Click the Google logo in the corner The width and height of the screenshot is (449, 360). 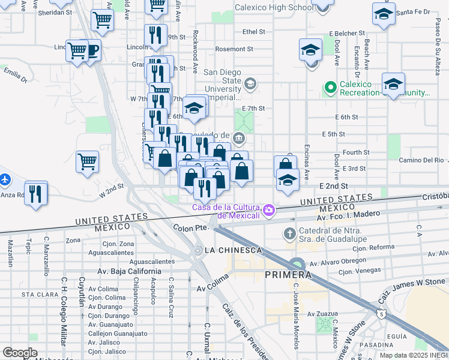(20, 353)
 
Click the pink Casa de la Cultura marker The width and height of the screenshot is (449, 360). (269, 210)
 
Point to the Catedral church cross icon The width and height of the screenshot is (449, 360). (289, 233)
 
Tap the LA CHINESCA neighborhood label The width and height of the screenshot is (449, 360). (233, 250)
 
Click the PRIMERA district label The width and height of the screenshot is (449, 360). (288, 275)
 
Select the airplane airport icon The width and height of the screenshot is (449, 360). (5, 179)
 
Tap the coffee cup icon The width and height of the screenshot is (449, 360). (92, 50)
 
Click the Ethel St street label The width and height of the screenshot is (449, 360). (253, 31)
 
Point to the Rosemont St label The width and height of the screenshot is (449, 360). (234, 49)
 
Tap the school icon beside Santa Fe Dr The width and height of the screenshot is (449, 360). (383, 14)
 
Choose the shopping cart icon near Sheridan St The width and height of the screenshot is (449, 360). (102, 20)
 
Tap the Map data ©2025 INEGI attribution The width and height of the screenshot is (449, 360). (413, 355)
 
